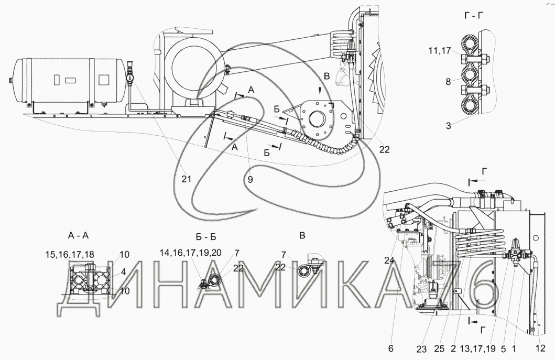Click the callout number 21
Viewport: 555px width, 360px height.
186,179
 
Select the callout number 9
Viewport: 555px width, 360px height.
250,179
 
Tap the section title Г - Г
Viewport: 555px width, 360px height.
474,15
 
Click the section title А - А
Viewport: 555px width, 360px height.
78,235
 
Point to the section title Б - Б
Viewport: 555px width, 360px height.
205,236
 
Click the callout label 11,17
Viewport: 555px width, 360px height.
440,51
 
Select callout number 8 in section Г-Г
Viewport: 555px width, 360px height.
448,82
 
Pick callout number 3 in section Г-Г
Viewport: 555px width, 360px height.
449,126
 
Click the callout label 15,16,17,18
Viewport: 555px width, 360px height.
70,254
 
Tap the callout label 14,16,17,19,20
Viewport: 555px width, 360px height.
190,253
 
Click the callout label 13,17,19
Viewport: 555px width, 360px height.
477,348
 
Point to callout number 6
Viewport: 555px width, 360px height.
391,348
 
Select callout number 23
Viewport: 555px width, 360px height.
421,349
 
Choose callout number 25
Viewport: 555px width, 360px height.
439,348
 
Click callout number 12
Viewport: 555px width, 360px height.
540,348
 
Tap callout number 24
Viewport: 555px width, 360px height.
389,260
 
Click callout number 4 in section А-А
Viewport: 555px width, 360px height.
123,272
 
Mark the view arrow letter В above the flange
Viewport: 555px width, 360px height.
327,76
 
